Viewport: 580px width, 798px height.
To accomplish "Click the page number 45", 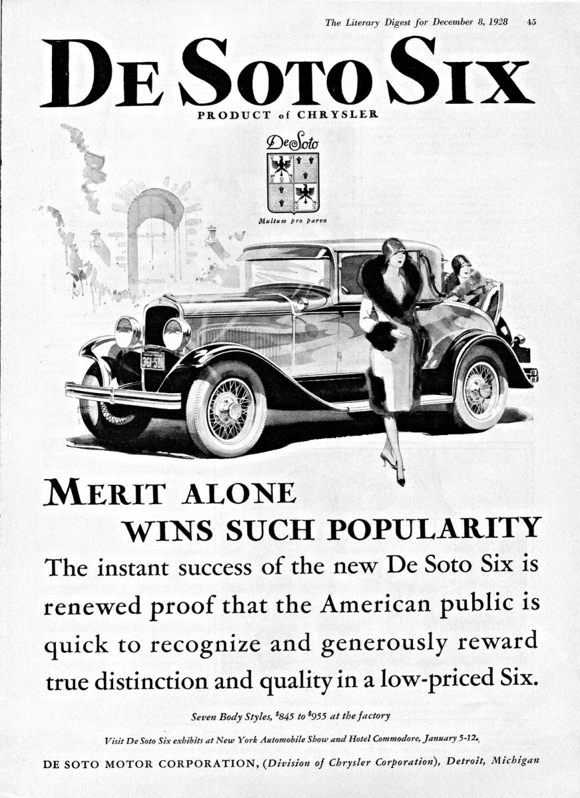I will click(x=531, y=22).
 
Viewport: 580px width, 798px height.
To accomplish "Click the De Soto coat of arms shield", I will click(x=292, y=182).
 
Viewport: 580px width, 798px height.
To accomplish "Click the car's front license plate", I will click(x=152, y=361).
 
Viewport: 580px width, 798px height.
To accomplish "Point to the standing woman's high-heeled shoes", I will click(x=392, y=465).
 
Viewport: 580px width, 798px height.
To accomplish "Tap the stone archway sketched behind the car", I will click(x=155, y=226).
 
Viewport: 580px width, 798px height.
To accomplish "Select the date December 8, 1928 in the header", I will click(x=470, y=22).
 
